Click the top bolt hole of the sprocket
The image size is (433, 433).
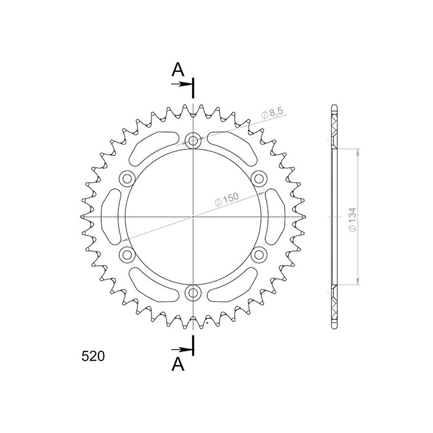point(193,142)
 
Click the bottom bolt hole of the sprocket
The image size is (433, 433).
point(193,293)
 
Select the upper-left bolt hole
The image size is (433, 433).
point(128,178)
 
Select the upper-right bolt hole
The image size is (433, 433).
point(259,178)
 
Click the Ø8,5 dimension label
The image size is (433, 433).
point(271,114)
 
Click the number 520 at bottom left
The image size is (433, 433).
point(93,356)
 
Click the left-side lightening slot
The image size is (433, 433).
point(110,216)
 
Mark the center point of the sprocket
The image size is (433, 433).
point(193,216)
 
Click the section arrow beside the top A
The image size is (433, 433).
point(181,84)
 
